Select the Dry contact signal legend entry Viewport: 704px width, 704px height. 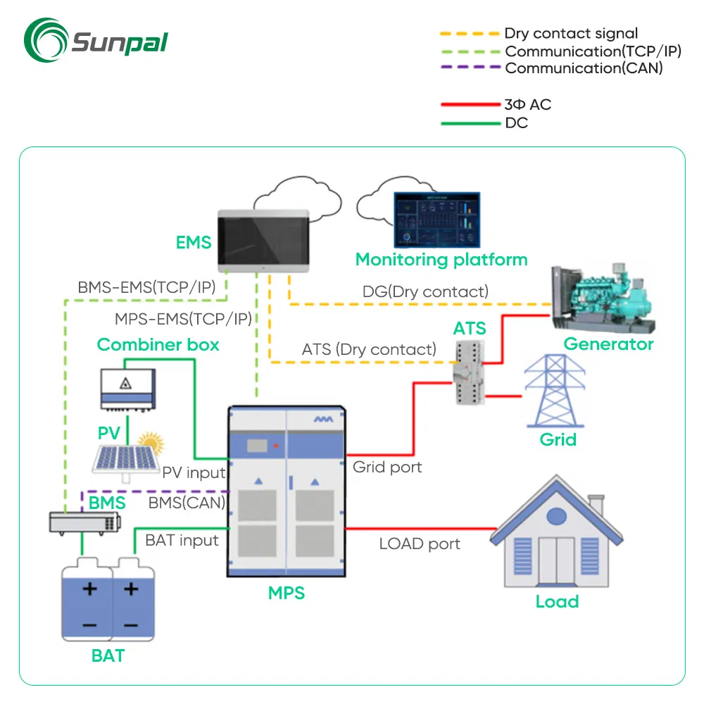[x=571, y=33]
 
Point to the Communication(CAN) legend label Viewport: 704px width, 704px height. [x=584, y=68]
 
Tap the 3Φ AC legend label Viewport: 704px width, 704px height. [x=527, y=105]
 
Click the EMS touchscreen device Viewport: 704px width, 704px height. [x=261, y=240]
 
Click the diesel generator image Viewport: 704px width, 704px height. [x=602, y=299]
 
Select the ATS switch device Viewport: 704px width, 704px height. [x=467, y=370]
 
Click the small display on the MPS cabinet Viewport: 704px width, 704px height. [x=258, y=446]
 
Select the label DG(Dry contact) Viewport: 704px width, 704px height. [x=425, y=291]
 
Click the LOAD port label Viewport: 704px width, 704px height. [x=420, y=543]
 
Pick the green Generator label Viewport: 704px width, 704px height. [x=608, y=344]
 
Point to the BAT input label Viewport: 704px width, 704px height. [x=182, y=540]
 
